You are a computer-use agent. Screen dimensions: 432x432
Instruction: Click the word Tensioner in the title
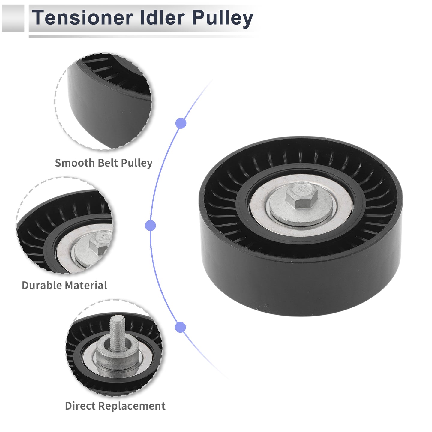(83, 18)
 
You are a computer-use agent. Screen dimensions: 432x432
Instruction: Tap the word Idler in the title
(162, 18)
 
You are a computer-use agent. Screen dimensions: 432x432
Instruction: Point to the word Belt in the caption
(109, 163)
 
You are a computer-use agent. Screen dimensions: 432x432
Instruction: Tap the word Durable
(43, 285)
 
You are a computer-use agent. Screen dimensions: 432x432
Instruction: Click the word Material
(86, 285)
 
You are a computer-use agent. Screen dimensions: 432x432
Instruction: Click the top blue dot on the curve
(181, 123)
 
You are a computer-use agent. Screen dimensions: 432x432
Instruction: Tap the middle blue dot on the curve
(150, 225)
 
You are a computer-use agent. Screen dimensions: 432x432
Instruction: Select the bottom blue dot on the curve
(181, 327)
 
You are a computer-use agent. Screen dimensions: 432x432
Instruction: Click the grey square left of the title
(13, 19)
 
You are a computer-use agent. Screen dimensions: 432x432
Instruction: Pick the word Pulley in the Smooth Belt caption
(137, 163)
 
